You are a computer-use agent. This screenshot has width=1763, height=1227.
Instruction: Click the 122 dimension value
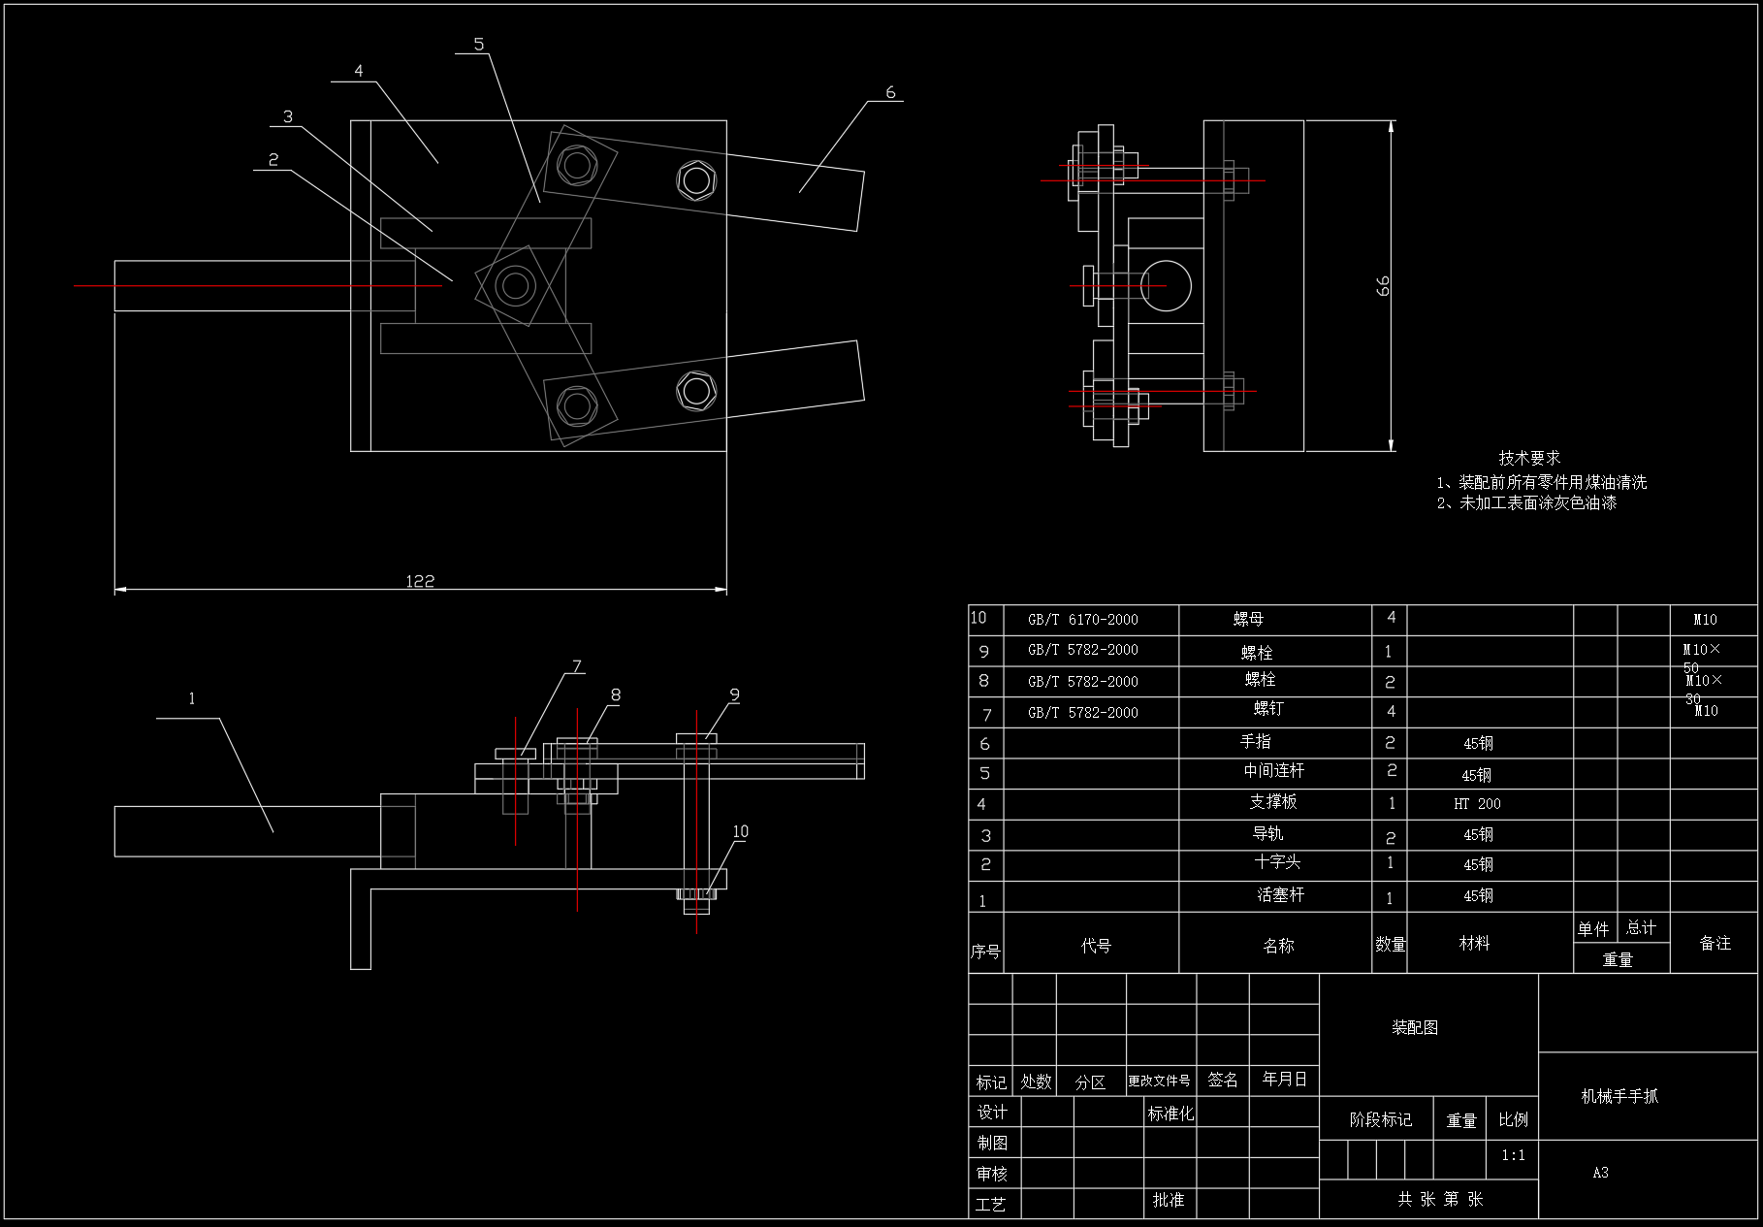(420, 581)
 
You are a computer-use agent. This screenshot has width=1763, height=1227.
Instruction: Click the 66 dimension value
(1383, 285)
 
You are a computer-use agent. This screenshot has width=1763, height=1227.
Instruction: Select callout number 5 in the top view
(479, 45)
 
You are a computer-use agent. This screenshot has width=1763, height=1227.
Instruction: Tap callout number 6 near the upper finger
(890, 93)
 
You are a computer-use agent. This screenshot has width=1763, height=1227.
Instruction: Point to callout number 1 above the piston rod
(192, 698)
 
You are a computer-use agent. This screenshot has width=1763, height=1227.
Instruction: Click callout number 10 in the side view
(740, 831)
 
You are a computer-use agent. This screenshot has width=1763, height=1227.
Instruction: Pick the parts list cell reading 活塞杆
(1280, 895)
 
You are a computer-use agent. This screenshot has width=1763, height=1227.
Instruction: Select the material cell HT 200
(1477, 804)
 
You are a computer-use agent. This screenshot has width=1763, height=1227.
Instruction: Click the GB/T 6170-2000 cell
(1082, 620)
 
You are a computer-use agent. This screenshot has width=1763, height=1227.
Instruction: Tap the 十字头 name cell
(1276, 862)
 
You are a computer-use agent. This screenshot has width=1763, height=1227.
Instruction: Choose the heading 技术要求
(1529, 458)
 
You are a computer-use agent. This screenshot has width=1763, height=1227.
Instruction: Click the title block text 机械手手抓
(1619, 1096)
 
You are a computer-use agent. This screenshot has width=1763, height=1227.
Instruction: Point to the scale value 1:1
(1513, 1155)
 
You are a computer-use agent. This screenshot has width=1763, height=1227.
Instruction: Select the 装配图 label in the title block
(1415, 1027)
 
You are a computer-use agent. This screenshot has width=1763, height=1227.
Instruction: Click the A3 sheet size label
(1600, 1173)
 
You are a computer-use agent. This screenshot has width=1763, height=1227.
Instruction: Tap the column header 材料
(1474, 943)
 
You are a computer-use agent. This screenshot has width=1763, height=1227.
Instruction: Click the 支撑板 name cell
(1272, 802)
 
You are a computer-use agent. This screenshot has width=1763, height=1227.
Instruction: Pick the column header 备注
(1715, 943)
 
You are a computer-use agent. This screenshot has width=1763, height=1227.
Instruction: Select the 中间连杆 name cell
(1273, 771)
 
